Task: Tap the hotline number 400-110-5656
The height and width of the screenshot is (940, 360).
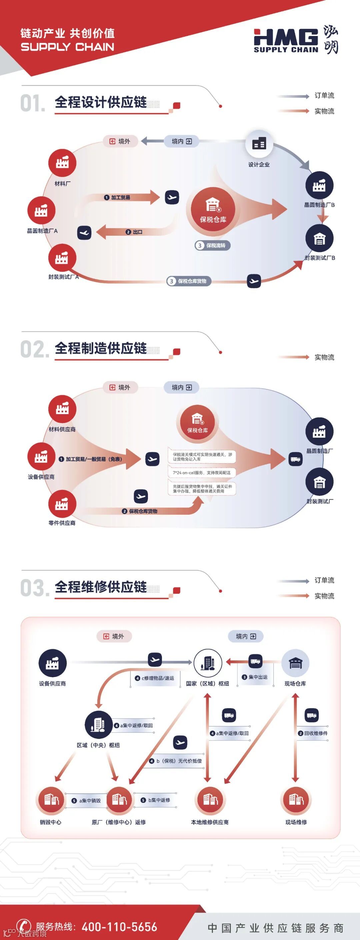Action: pyautogui.click(x=119, y=926)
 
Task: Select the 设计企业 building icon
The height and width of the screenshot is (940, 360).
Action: pyautogui.click(x=259, y=143)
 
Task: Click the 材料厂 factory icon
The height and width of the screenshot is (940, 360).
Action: pyautogui.click(x=62, y=163)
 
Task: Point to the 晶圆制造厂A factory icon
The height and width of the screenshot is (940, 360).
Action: pyautogui.click(x=41, y=211)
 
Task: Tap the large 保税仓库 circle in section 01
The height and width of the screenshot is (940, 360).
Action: pyautogui.click(x=213, y=210)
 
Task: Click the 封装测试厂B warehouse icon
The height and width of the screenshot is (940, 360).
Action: pyautogui.click(x=319, y=239)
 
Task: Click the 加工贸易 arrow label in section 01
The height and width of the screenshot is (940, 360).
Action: pyautogui.click(x=117, y=197)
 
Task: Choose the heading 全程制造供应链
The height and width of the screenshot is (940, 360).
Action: pyautogui.click(x=101, y=348)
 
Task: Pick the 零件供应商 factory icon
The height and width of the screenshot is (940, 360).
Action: pyautogui.click(x=62, y=504)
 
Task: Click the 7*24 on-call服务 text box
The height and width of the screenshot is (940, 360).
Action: pyautogui.click(x=202, y=473)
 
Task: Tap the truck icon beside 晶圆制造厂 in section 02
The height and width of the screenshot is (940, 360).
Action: pyautogui.click(x=295, y=459)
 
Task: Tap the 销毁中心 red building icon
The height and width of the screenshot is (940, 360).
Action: pyautogui.click(x=51, y=801)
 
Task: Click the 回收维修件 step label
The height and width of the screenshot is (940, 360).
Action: pyautogui.click(x=313, y=733)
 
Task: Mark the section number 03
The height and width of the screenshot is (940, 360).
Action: pyautogui.click(x=34, y=588)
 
